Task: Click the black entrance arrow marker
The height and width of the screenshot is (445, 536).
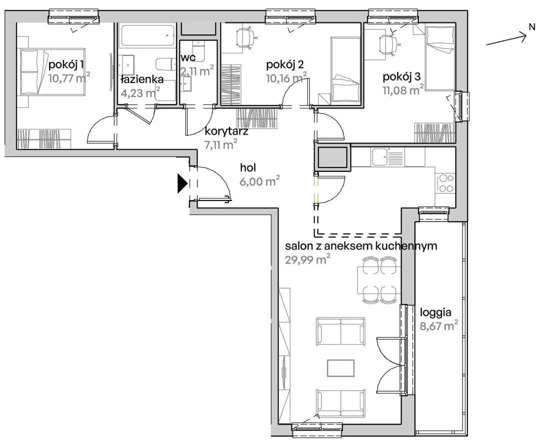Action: tap(182, 183)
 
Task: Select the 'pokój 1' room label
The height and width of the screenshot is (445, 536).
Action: tap(67, 64)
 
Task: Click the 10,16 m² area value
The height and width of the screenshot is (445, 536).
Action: tap(286, 78)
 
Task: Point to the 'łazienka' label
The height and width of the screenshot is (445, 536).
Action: tap(142, 79)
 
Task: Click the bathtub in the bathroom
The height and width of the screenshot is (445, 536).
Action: tap(148, 35)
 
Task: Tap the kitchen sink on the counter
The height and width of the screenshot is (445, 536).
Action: tap(381, 157)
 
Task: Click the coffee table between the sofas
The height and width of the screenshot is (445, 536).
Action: tap(340, 368)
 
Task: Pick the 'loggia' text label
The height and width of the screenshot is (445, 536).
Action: tap(435, 312)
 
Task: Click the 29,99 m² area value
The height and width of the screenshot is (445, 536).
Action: tap(308, 259)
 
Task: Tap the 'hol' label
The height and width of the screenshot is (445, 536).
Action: tap(248, 167)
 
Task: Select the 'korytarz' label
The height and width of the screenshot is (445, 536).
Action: tap(226, 131)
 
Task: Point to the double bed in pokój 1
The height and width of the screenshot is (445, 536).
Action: tap(53, 71)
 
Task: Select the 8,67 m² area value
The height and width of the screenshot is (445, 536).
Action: tap(439, 326)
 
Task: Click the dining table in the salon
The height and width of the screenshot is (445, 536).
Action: tap(379, 280)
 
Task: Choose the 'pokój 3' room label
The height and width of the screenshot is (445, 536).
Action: tap(401, 76)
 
